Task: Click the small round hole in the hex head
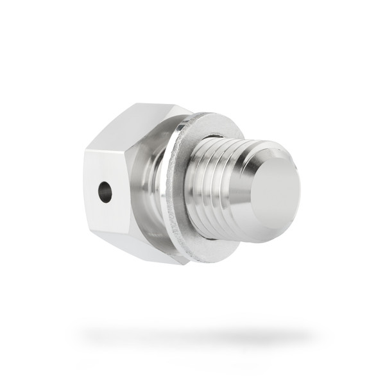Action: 105,191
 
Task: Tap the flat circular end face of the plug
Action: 275,191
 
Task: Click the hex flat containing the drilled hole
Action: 109,193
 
